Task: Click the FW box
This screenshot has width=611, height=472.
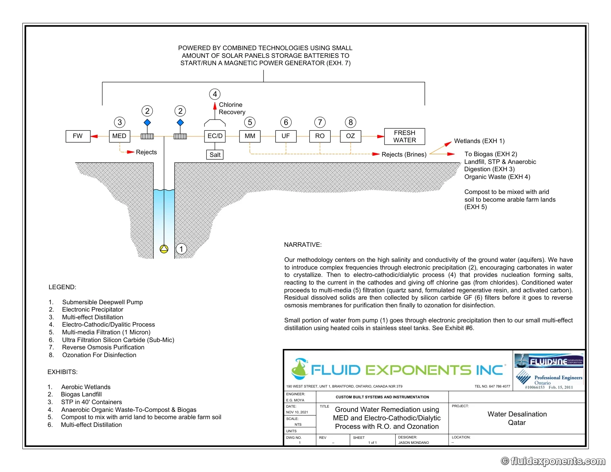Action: click(78, 136)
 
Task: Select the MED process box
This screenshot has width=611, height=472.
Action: click(120, 136)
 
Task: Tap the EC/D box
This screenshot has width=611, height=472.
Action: click(215, 136)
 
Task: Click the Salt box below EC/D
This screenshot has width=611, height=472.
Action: click(215, 155)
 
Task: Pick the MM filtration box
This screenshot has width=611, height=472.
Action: click(250, 136)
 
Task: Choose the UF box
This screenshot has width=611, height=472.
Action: click(286, 136)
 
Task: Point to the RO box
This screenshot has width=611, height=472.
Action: click(320, 136)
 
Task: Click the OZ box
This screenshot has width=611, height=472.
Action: click(350, 136)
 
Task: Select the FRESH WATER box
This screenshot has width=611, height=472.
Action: click(404, 137)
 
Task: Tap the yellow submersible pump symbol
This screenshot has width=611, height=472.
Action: click(164, 249)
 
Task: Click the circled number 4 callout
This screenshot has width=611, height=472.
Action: click(215, 94)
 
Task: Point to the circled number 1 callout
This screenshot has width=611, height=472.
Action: click(181, 249)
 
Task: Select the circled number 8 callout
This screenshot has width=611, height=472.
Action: click(350, 122)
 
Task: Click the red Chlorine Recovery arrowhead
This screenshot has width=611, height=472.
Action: click(215, 106)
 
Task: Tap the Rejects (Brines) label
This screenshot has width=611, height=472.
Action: click(404, 154)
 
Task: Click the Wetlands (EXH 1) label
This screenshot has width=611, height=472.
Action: click(479, 141)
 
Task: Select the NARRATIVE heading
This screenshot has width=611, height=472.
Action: click(302, 244)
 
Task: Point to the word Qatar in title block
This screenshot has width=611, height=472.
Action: click(516, 423)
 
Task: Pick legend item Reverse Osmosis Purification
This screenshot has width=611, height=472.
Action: click(103, 347)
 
